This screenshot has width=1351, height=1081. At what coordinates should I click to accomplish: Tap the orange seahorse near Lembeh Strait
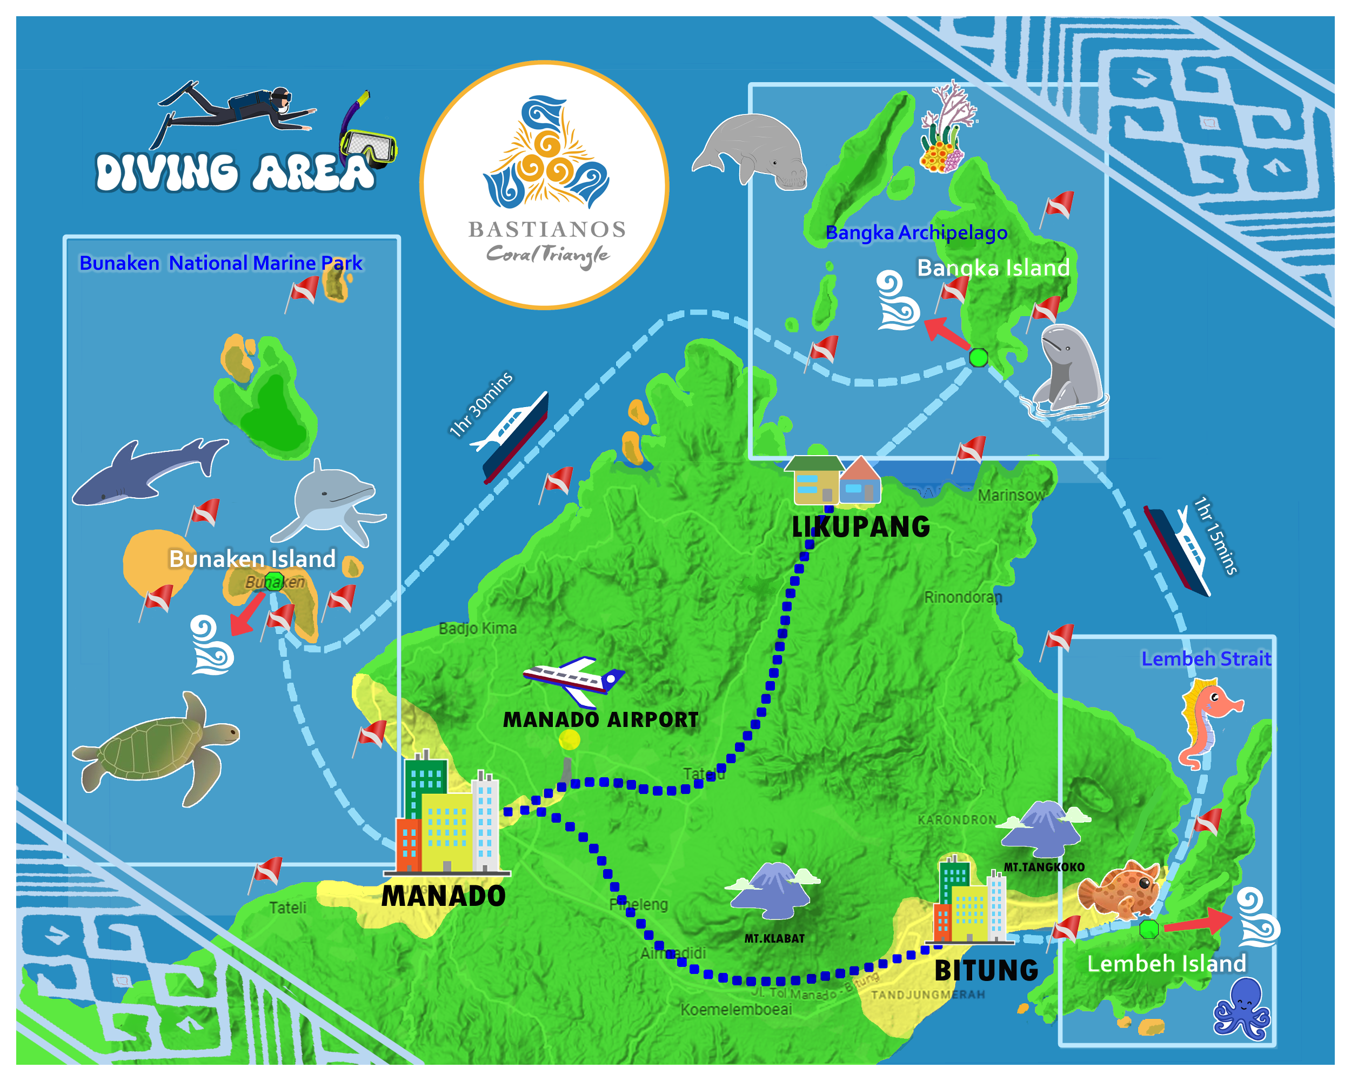1206,720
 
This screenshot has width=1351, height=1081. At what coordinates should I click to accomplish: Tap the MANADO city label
443,896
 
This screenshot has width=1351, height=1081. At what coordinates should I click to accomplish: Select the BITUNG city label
986,971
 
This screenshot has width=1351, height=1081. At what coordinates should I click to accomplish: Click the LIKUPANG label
861,527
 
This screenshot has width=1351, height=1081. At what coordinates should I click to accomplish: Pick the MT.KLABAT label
774,938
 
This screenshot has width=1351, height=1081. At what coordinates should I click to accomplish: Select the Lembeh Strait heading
1206,659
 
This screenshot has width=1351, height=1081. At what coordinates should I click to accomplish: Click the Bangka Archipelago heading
916,232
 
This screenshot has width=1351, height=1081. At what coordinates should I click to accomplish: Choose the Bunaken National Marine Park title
220,263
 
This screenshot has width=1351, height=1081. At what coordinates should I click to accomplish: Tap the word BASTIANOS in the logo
547,229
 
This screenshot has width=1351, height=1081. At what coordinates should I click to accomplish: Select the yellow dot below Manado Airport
570,739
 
